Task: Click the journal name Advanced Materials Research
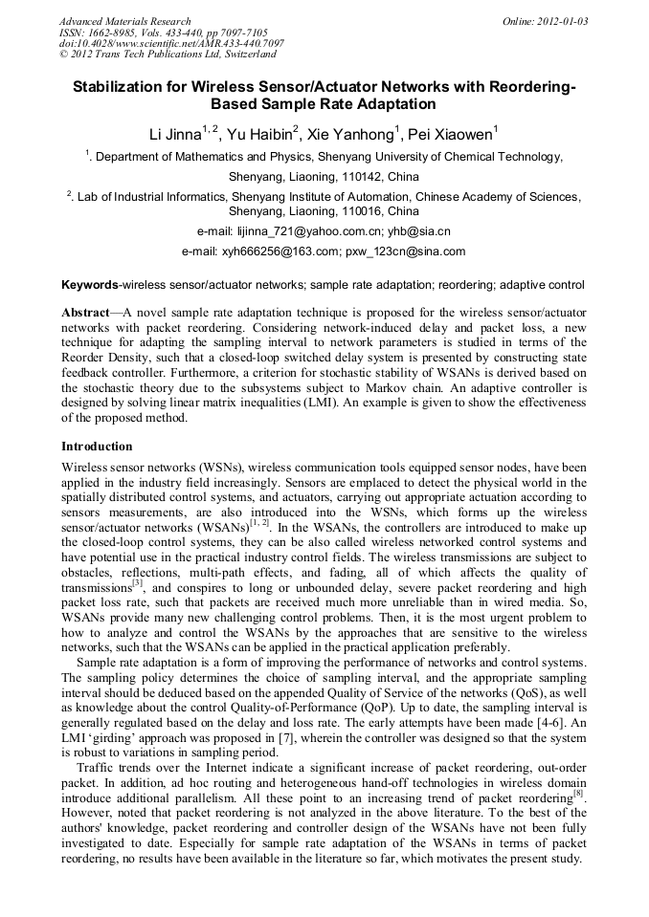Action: [125, 21]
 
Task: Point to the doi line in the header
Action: [171, 43]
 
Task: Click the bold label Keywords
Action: [90, 285]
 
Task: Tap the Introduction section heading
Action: [97, 447]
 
